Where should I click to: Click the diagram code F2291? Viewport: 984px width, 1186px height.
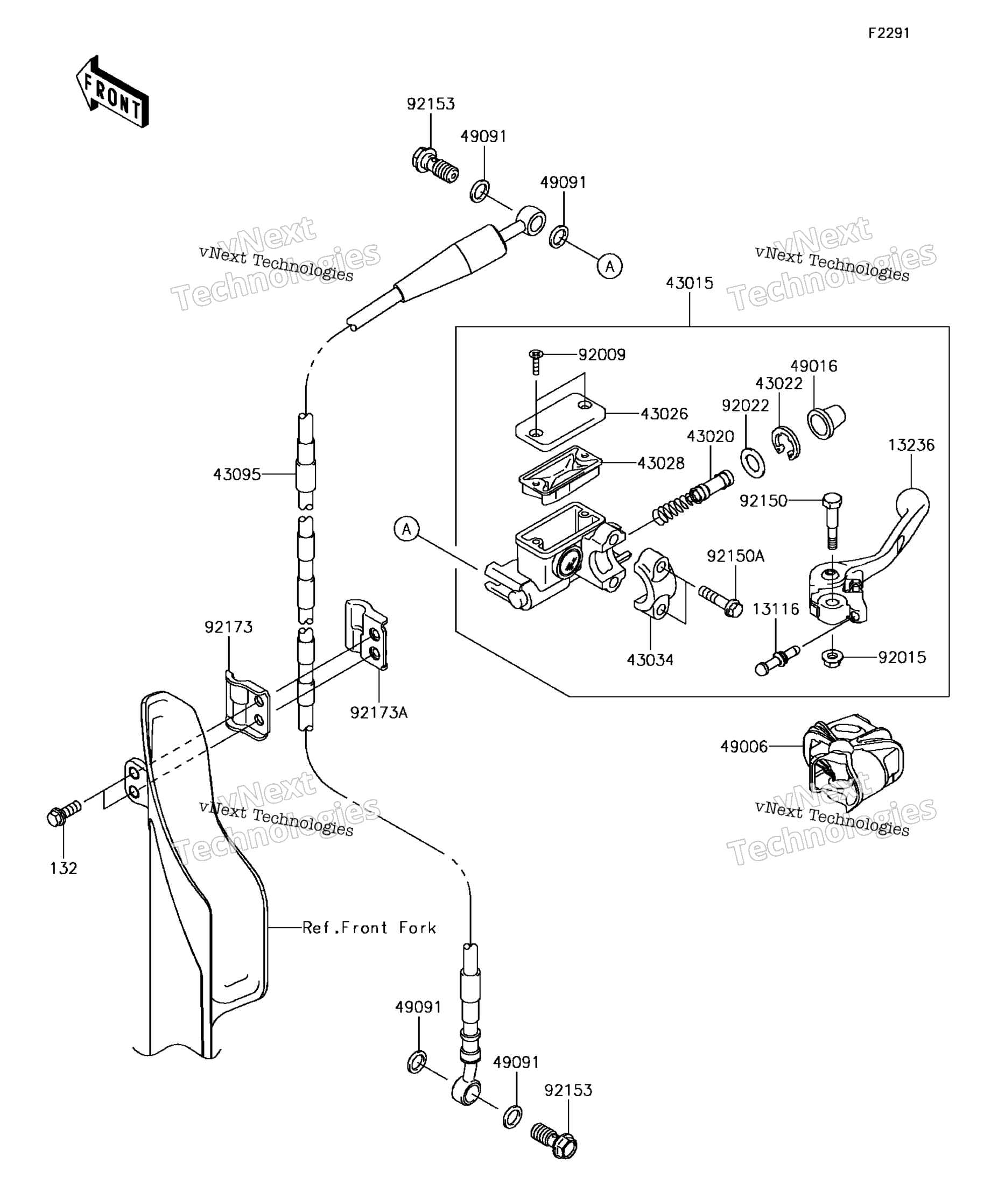(x=889, y=33)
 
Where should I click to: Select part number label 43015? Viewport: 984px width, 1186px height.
(x=689, y=283)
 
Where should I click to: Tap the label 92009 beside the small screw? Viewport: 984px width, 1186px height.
(x=602, y=354)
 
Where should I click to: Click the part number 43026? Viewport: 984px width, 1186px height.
(x=664, y=414)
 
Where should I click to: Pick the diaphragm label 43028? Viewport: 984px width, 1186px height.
(x=660, y=463)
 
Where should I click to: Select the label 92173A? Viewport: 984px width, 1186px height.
(x=378, y=713)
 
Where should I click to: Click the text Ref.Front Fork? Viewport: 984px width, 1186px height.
(x=369, y=928)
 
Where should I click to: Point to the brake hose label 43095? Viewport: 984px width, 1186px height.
(x=237, y=474)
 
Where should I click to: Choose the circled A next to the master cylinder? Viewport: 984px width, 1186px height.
(x=406, y=530)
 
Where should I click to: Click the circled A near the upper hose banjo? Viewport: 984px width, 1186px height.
(x=610, y=266)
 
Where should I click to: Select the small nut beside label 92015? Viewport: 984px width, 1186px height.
(x=832, y=658)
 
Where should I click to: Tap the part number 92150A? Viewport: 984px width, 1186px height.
(x=735, y=556)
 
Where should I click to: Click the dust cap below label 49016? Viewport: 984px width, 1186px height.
(x=826, y=421)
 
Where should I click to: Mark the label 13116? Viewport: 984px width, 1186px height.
(x=776, y=609)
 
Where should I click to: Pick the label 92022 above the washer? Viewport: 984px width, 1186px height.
(x=745, y=406)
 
